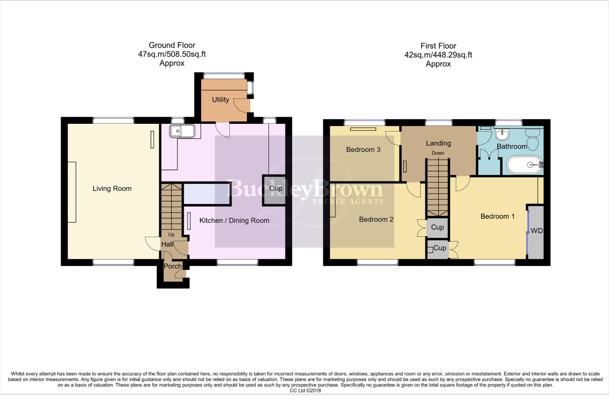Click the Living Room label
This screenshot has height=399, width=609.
tap(112, 188)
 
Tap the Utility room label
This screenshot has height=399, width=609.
tap(220, 99)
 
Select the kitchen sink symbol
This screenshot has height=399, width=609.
tap(182, 131)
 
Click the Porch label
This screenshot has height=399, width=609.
tap(172, 266)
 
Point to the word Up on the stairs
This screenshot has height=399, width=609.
tap(171, 235)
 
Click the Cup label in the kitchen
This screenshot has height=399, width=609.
tap(276, 188)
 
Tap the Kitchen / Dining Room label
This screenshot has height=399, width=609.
tap(234, 221)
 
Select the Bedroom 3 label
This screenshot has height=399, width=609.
tap(363, 149)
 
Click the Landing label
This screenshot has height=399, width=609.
tap(438, 143)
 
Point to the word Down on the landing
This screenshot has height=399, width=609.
tap(438, 153)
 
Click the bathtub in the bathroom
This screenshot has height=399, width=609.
tap(524, 165)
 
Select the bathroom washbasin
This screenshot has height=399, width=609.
tap(502, 134)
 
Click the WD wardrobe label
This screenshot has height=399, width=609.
tap(537, 231)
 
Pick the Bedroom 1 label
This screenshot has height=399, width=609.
tap(497, 216)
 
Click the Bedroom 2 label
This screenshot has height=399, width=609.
tap(376, 219)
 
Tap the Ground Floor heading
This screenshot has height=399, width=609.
tap(172, 45)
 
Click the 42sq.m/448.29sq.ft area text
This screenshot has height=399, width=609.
tap(438, 55)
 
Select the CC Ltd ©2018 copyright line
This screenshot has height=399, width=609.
tap(305, 391)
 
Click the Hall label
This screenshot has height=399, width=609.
tap(167, 244)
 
